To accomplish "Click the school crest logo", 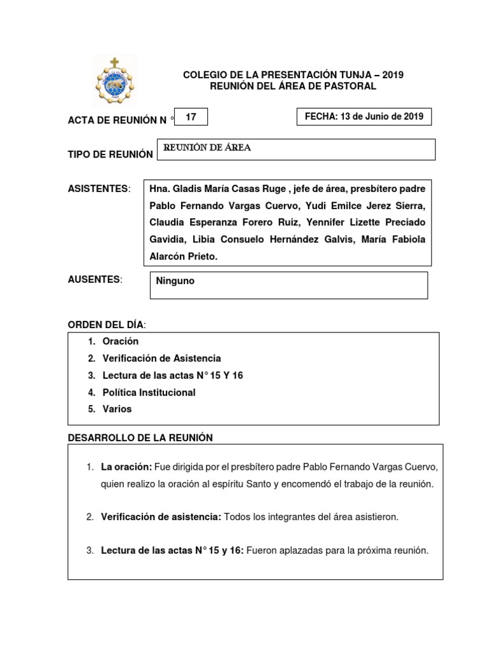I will point(114,80).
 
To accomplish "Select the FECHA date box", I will point(364,117).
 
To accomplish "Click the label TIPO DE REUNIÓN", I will point(111,154).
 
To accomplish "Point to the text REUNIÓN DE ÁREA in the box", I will point(208,147).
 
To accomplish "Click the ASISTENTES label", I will point(98,189).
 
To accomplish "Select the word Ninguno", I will point(175,280).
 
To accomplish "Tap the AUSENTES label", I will point(95,280).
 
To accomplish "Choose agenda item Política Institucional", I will point(149,392).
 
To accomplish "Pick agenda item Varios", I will point(117,409).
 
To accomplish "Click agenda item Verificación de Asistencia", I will point(161,359).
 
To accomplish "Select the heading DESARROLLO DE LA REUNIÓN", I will point(140,437).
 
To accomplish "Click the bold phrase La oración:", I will point(126,467).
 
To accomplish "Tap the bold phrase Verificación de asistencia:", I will point(161,517).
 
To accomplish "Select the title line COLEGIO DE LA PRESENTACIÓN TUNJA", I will point(293,75).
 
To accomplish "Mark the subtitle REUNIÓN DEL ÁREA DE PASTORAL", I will point(293,86).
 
